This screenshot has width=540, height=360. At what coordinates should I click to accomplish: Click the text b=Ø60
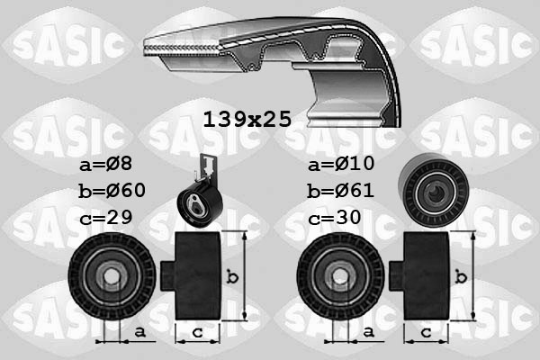[x=112, y=191]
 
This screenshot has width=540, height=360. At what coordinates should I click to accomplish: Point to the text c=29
[x=105, y=218]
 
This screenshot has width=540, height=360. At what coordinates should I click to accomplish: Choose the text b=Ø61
[x=339, y=191]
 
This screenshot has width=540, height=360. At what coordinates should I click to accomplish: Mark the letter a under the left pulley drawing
[x=139, y=332]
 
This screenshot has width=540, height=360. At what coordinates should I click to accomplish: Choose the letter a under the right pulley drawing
[x=366, y=332]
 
